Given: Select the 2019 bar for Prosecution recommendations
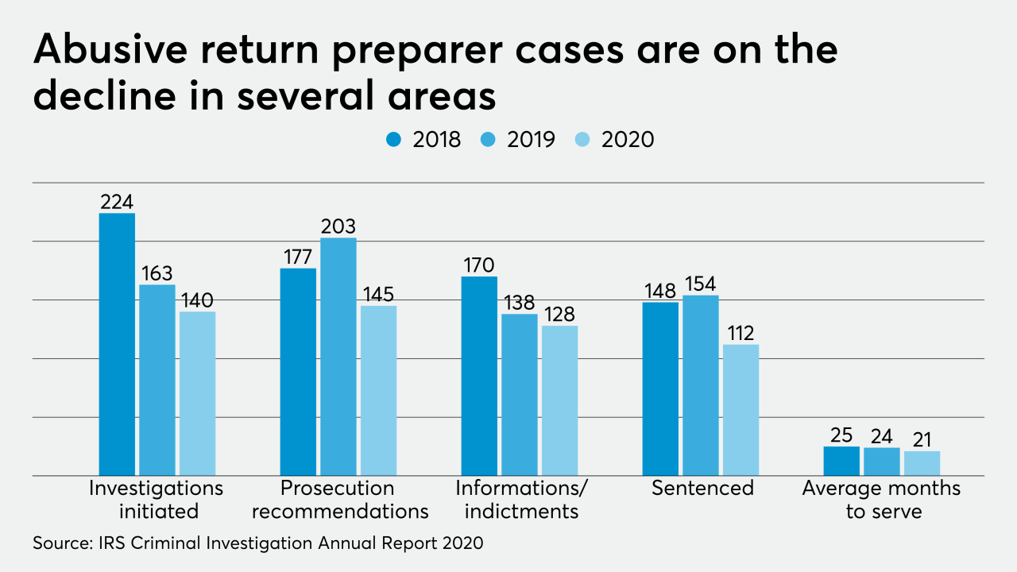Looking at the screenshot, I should click(338, 357).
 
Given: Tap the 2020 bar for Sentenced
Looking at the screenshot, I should click(741, 410).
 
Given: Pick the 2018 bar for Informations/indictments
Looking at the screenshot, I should click(480, 376).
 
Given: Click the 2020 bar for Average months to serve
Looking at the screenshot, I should click(922, 463).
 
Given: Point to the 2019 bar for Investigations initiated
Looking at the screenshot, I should click(157, 380).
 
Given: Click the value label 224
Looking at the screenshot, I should click(117, 202).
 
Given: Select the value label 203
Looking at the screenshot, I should click(338, 226).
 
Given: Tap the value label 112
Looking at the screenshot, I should click(741, 333).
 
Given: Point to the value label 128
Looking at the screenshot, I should click(559, 314).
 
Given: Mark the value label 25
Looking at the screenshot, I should click(841, 435).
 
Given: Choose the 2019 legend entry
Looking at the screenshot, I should click(520, 140).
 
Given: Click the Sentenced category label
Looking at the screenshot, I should click(702, 488).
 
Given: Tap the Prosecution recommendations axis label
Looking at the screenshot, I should click(338, 499).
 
